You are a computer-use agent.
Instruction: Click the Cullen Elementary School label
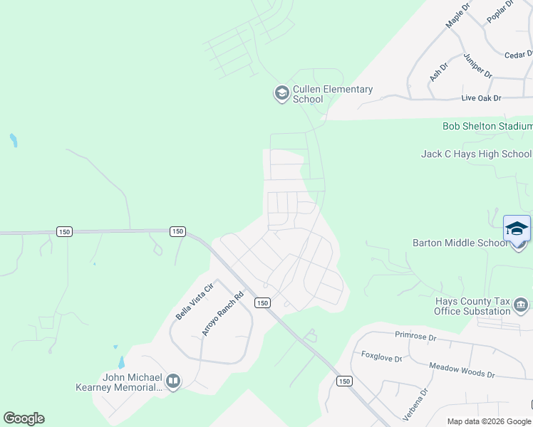[333, 94]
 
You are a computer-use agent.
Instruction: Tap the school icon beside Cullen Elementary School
[281, 93]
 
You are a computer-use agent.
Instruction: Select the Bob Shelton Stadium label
[487, 127]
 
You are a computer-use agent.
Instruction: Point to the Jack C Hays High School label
[476, 154]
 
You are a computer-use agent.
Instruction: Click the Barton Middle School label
[460, 243]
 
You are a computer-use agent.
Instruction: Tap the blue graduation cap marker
[517, 228]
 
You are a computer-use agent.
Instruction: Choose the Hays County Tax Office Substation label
[472, 306]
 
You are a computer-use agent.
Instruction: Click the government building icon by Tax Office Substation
[521, 306]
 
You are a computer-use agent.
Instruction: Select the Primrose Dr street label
[414, 334]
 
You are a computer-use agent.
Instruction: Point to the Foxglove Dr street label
[382, 357]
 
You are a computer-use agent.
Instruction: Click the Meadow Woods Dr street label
[462, 369]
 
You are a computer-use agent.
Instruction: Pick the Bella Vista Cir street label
[195, 302]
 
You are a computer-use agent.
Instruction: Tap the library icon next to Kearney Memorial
[172, 382]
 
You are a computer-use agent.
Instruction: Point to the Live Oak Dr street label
[481, 97]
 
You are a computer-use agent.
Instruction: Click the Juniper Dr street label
[477, 65]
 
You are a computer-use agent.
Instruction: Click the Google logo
[24, 418]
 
